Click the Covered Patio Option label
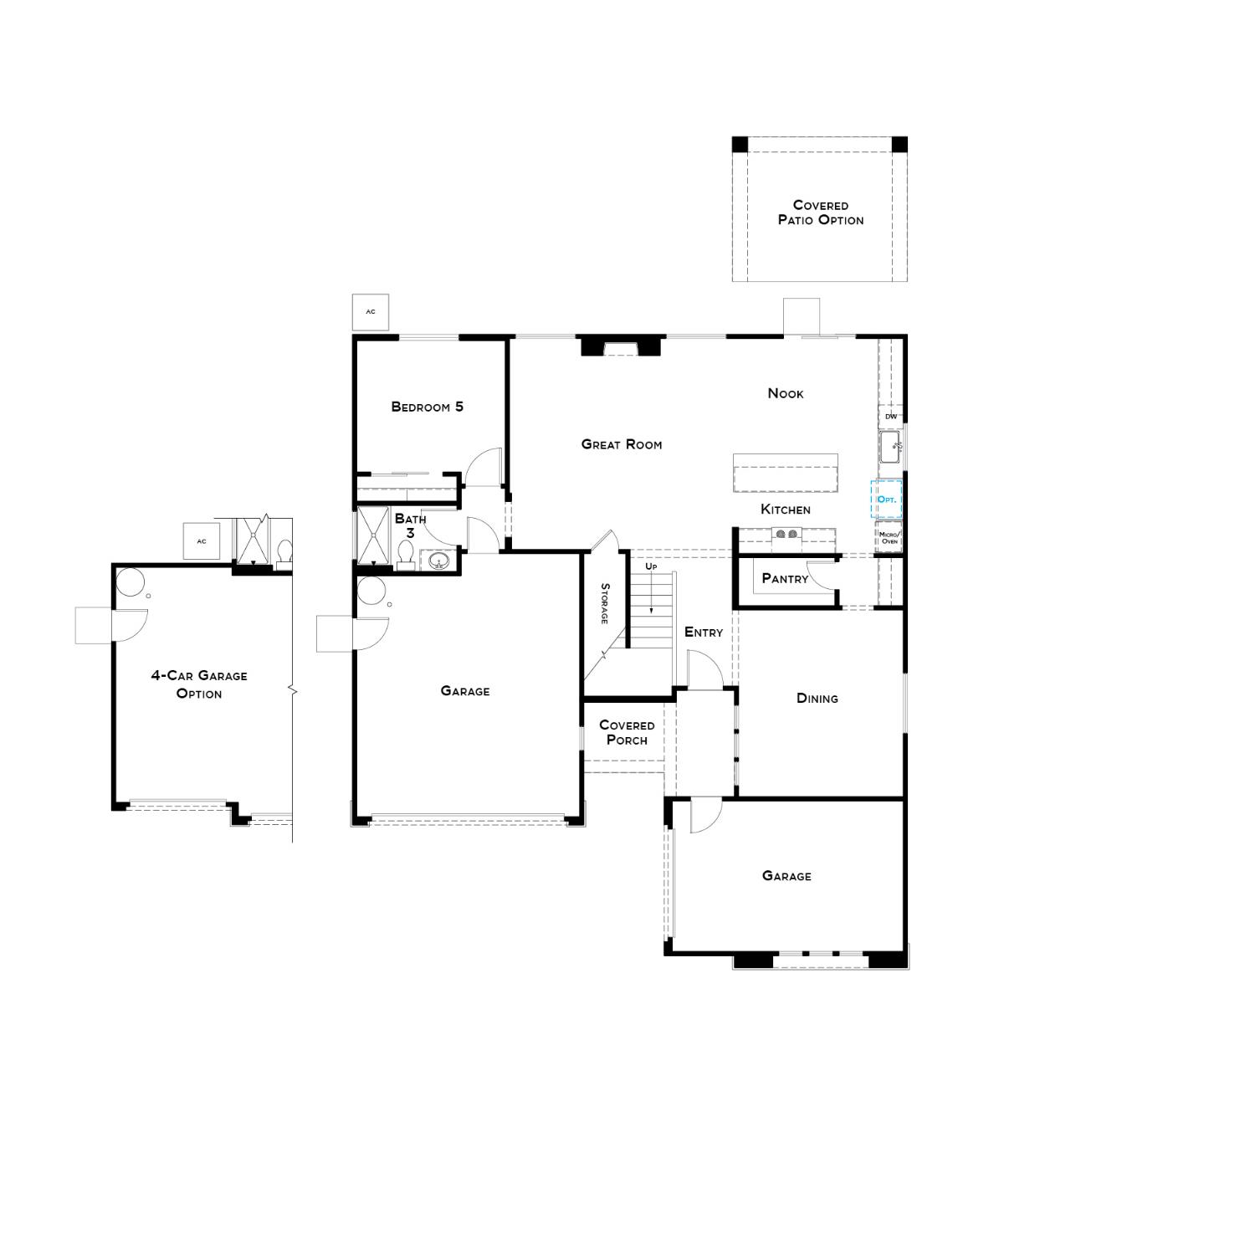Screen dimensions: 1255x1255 820,213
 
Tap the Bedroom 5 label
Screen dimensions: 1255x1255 427,407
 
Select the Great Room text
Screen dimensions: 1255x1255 621,444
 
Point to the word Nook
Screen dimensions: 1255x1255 785,393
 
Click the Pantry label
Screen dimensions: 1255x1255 785,578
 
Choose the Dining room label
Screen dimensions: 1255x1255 817,698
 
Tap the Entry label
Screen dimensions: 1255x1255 703,632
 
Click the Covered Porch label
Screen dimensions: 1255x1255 626,732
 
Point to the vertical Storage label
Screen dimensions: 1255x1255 604,603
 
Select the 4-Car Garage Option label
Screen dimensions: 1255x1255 199,684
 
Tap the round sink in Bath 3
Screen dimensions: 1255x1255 438,561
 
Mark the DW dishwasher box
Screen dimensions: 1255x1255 890,416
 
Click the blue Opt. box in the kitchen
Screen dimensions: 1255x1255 886,499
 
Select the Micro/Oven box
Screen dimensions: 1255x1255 889,537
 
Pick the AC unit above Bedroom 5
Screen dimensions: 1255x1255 371,311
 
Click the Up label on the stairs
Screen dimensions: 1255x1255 651,566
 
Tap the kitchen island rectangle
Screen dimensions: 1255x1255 785,474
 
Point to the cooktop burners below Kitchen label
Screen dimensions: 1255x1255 786,533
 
